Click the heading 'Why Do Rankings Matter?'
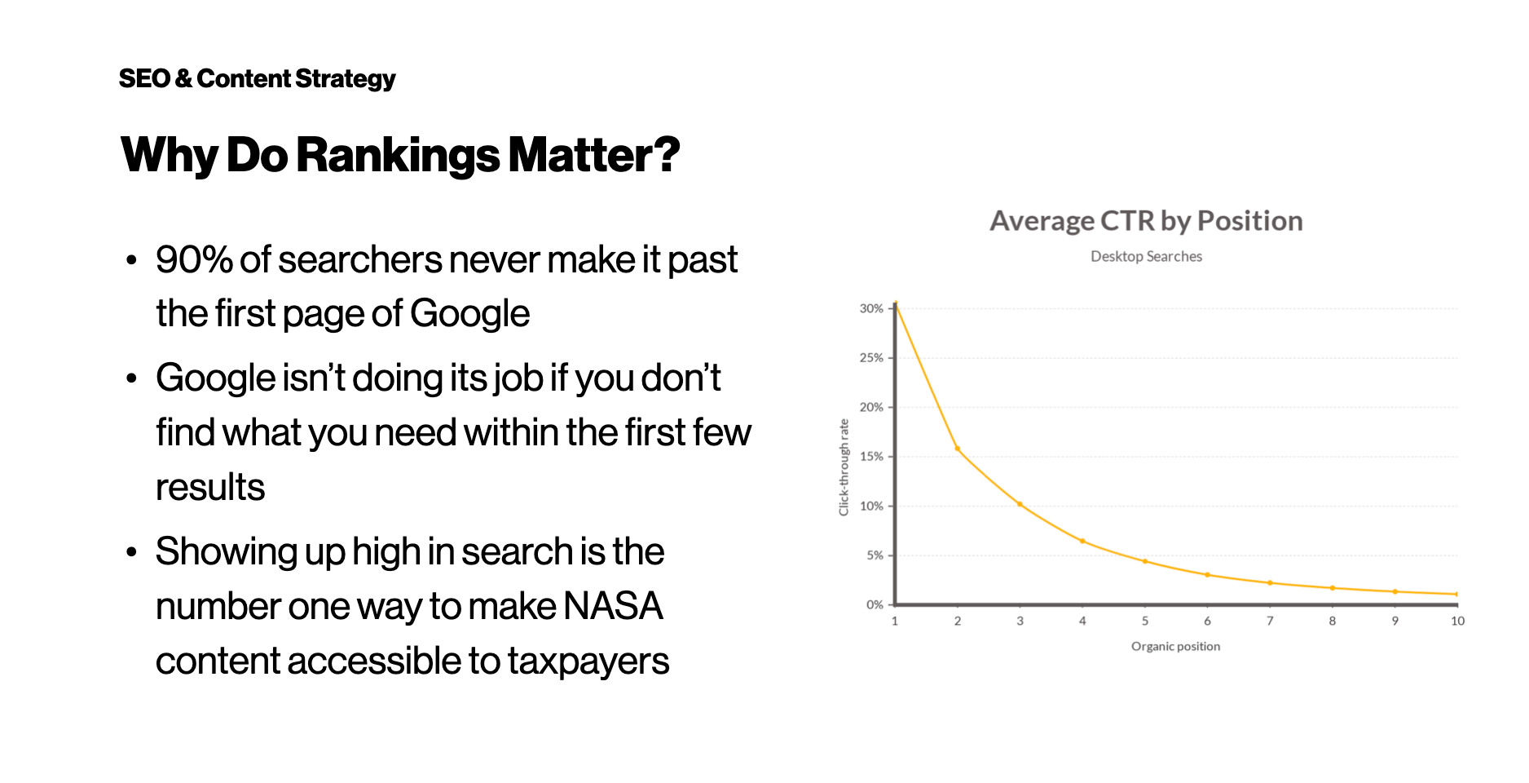coord(400,155)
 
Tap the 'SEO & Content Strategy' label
coord(257,78)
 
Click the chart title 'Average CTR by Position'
coord(1146,221)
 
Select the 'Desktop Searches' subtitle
coord(1146,256)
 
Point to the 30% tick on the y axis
coord(871,308)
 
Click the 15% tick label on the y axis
coord(871,456)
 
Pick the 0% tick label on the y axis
coord(875,604)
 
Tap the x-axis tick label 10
coord(1457,621)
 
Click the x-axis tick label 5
coord(1145,621)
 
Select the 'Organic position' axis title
coord(1175,646)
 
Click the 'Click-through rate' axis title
coord(844,467)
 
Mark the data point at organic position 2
coord(958,449)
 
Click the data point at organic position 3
coord(1020,504)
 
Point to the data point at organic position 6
coord(1207,575)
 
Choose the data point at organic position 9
coord(1395,591)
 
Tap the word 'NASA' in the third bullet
coord(613,606)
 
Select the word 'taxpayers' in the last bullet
coord(588,661)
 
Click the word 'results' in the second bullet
coord(210,488)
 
